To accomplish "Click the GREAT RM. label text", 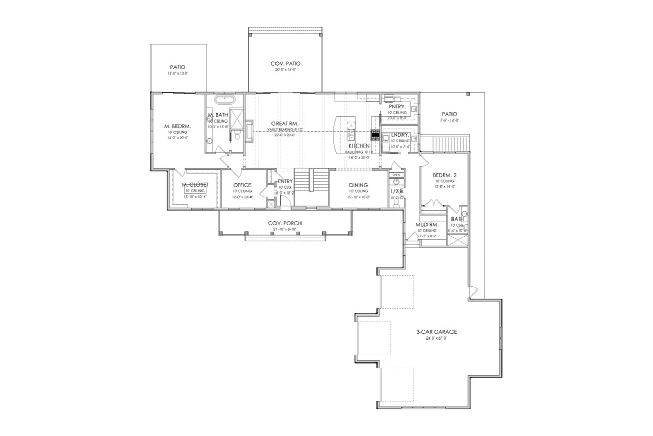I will pyautogui.click(x=285, y=123).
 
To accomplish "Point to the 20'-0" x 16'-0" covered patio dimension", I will pyautogui.click(x=285, y=70).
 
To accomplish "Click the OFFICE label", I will pyautogui.click(x=242, y=185).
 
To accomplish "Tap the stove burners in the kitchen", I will pyautogui.click(x=374, y=135).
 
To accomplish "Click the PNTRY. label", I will pyautogui.click(x=396, y=106).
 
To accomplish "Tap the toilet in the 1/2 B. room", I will pyautogui.click(x=396, y=202).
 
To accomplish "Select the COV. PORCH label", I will pyautogui.click(x=285, y=223).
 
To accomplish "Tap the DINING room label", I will pyautogui.click(x=359, y=185).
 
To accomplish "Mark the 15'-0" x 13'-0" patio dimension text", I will pyautogui.click(x=177, y=74).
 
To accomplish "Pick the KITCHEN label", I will pyautogui.click(x=359, y=146).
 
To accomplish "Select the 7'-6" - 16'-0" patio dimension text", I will pyautogui.click(x=449, y=120).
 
